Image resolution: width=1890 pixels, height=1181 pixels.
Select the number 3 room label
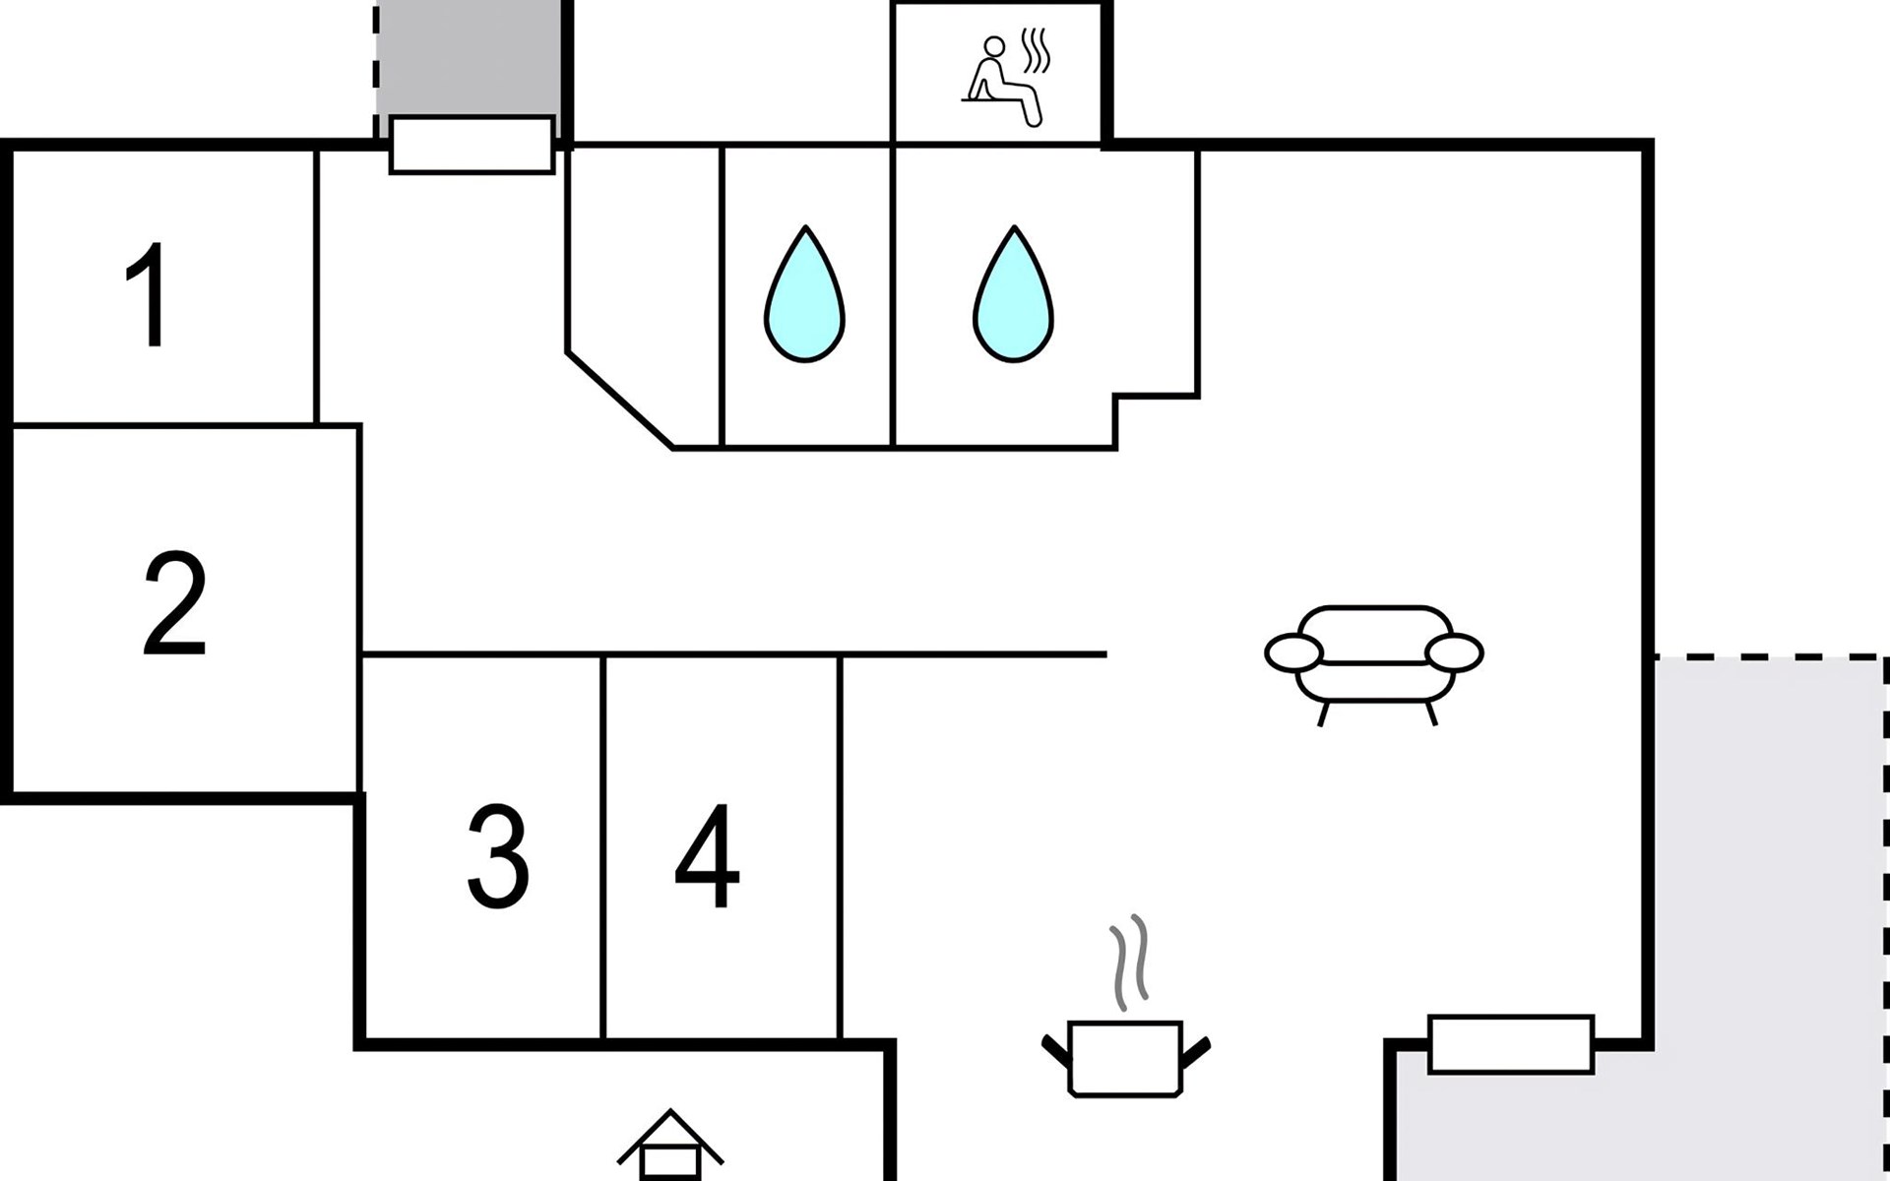point(497,856)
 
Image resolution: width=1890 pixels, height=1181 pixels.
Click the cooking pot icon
point(1125,1058)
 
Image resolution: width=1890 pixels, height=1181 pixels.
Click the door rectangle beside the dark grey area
point(472,145)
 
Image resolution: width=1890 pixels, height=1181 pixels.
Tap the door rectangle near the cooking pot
point(1510,1044)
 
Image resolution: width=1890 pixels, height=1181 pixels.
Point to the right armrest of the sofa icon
point(1454,653)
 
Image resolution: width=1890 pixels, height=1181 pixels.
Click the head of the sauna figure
point(995,46)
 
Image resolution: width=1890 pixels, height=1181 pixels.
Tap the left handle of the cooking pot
point(1056,1052)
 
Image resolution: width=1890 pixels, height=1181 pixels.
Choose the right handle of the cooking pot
point(1196,1052)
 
